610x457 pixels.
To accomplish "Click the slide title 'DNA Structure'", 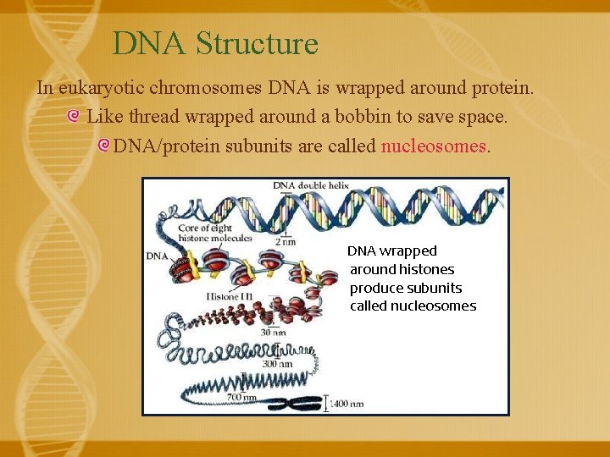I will click(215, 43).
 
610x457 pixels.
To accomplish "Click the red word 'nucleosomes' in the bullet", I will click(433, 146).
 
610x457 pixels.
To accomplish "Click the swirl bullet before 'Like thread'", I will click(74, 117).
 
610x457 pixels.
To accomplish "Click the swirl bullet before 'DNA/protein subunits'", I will click(103, 146).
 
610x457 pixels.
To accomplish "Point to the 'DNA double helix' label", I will click(310, 185).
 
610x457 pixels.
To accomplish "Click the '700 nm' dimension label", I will click(241, 396).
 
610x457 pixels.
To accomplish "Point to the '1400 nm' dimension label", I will click(347, 404).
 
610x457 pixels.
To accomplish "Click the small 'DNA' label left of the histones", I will click(157, 255).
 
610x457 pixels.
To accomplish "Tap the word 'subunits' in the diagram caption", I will click(434, 288).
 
